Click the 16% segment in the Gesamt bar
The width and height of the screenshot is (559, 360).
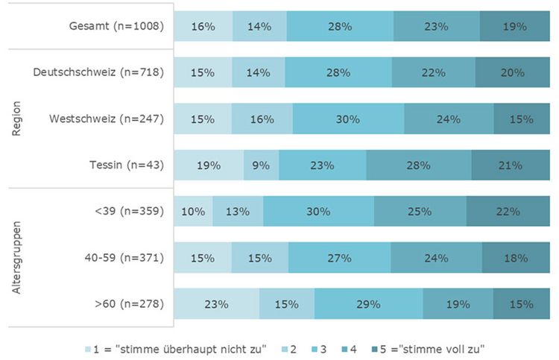pos(203,26)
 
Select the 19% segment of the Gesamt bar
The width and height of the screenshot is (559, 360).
pos(514,26)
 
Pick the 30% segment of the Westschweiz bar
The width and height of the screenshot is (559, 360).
pos(348,119)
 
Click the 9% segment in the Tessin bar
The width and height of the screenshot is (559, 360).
pos(262,165)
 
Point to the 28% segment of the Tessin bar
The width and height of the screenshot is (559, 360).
pos(419,165)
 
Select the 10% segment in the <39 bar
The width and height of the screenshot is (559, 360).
pos(193,212)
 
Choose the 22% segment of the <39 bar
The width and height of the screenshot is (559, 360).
pos(508,212)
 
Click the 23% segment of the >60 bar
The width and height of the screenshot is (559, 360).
pos(217,304)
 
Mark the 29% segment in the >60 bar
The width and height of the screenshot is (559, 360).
pos(369,304)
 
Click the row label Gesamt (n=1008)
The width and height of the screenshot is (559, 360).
pos(114,26)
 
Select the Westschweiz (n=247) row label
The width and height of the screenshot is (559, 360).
pos(106,119)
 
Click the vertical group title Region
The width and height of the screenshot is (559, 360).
pos(17,119)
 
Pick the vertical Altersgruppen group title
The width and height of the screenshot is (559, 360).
pos(17,258)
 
